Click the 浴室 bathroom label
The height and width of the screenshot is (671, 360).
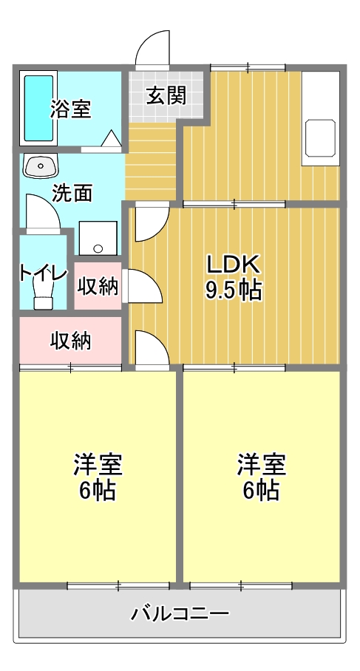pos(70,109)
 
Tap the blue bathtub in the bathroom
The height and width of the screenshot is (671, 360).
pos(38,108)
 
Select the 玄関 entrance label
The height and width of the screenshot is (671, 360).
pos(165,96)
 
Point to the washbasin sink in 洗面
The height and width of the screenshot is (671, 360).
pos(40,166)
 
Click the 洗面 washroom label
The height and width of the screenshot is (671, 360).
pos(72,194)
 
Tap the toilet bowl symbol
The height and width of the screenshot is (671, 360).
pos(43,299)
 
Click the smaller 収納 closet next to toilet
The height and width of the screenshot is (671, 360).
pos(98,286)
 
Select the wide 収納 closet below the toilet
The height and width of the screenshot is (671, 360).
pos(70,341)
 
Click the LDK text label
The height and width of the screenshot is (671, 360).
pos(232,264)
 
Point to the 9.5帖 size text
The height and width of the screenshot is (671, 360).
pos(234,290)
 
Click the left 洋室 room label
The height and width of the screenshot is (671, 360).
pos(98,466)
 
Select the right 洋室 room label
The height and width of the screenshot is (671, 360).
pos(261,466)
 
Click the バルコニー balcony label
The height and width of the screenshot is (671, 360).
pos(180,613)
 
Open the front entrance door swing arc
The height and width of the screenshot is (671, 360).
pos(153,48)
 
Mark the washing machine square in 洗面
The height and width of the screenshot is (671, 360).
pos(96,237)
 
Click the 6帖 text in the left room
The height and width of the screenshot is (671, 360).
pos(98,491)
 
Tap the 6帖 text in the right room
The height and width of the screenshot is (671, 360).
pos(261,491)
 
